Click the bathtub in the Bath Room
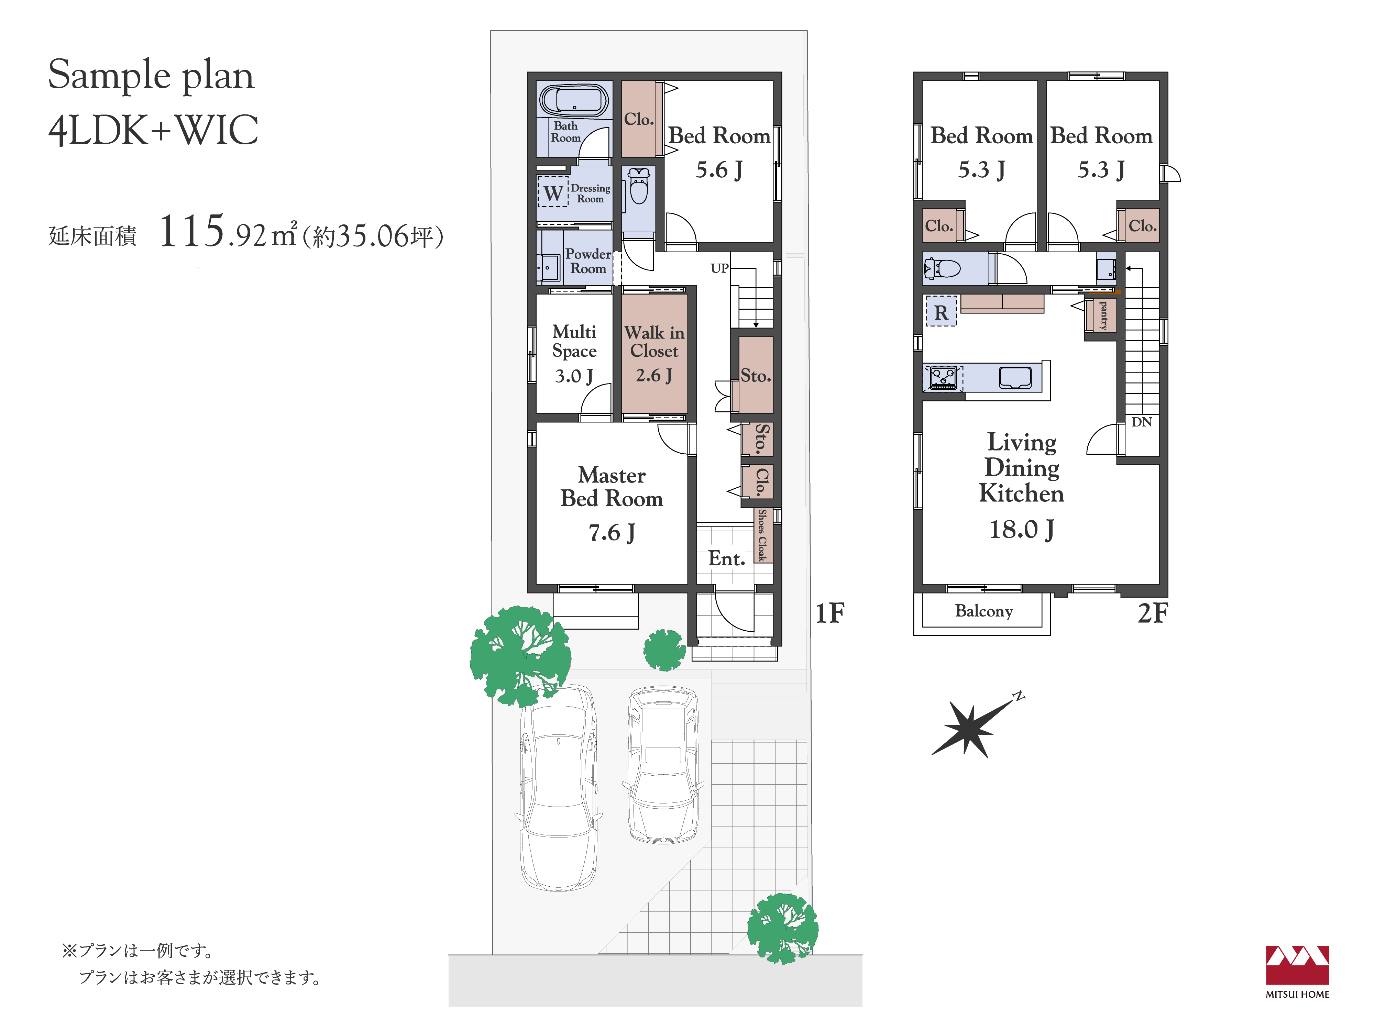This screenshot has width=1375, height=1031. coord(573,99)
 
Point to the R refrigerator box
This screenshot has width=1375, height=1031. coord(941,312)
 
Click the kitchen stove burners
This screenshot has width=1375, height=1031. coord(943,378)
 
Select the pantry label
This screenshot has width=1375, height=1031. coord(1103,315)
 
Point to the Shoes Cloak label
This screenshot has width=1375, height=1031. coord(762,535)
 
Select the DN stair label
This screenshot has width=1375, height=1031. coord(1141,422)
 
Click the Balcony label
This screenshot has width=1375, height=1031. coord(984,611)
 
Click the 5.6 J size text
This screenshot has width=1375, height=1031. coord(719,170)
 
